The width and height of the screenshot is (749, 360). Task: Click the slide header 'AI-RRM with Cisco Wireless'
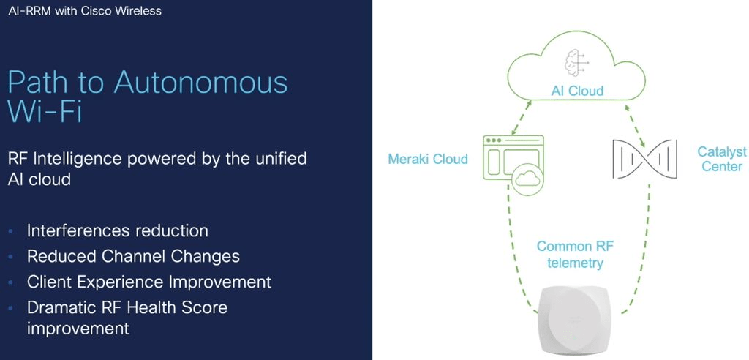pyautogui.click(x=85, y=10)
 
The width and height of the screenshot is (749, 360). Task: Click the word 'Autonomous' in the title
pyautogui.click(x=200, y=82)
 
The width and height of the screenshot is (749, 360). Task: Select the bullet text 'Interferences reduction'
pyautogui.click(x=118, y=230)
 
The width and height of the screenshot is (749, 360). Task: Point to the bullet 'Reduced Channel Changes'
pyautogui.click(x=133, y=256)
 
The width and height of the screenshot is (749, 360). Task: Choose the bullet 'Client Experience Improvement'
pyautogui.click(x=149, y=282)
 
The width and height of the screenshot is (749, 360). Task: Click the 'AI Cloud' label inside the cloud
pyautogui.click(x=577, y=91)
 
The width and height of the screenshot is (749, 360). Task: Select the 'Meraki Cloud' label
pyautogui.click(x=428, y=159)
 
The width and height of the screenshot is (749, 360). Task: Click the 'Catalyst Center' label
pyautogui.click(x=722, y=160)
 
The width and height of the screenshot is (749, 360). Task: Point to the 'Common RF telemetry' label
pyautogui.click(x=575, y=255)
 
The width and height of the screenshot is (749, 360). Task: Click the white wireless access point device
pyautogui.click(x=579, y=323)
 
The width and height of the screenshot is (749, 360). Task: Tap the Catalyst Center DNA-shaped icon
pyautogui.click(x=644, y=159)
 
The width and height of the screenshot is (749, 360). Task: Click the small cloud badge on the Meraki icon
pyautogui.click(x=528, y=179)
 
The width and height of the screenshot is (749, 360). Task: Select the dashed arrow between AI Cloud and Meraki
pyautogui.click(x=521, y=117)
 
